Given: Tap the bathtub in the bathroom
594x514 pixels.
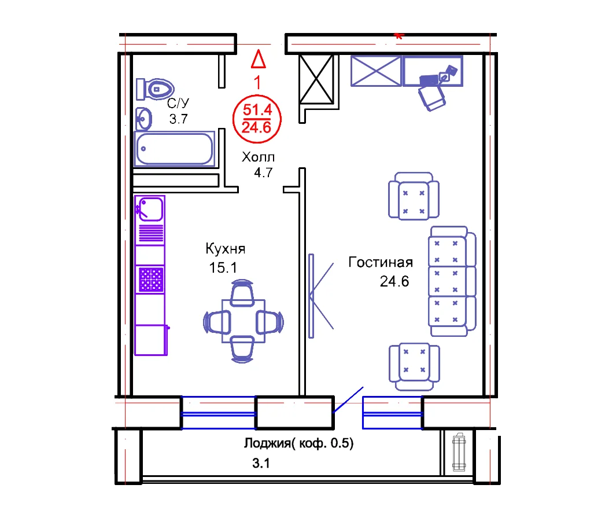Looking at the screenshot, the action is [x=174, y=149].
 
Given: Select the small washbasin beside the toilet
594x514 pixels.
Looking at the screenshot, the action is [x=143, y=119].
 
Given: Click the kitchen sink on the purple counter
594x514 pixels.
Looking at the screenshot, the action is [x=150, y=209].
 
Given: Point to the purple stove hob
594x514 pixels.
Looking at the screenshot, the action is [x=151, y=280].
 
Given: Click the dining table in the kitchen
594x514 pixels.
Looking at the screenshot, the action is [x=243, y=321].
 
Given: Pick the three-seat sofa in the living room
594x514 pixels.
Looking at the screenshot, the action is [x=452, y=281].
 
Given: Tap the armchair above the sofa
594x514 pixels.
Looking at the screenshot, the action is [x=414, y=196].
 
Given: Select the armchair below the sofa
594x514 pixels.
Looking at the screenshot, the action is [x=414, y=366].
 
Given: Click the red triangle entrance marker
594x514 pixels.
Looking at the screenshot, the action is [x=259, y=59].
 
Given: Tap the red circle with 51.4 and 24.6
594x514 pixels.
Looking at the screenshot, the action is [x=257, y=119].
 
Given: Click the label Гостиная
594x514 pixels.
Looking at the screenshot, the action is [x=381, y=262].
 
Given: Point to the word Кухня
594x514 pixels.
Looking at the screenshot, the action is [x=226, y=249].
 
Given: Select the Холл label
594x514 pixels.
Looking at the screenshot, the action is [x=259, y=157].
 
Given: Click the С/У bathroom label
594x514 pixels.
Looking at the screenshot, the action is [x=178, y=103].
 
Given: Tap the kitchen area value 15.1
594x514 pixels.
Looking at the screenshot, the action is [x=223, y=267].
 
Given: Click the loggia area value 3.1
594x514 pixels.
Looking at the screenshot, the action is [x=261, y=463].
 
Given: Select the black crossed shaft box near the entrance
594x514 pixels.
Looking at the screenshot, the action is [x=316, y=79].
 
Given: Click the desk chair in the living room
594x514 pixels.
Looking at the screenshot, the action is [x=432, y=98].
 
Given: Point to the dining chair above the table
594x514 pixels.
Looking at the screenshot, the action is [x=242, y=293].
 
